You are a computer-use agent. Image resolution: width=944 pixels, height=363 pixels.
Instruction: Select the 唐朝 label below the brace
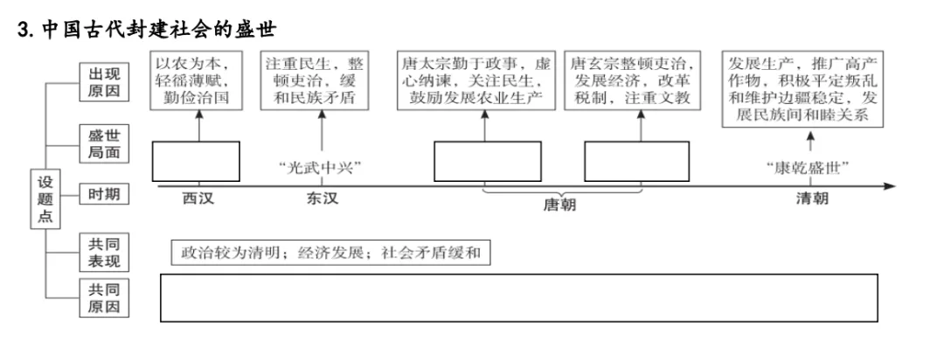[x=560, y=205]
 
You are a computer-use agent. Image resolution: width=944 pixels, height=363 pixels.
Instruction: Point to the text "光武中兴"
[x=322, y=167]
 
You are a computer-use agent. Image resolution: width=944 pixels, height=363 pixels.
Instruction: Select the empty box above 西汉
[x=196, y=162]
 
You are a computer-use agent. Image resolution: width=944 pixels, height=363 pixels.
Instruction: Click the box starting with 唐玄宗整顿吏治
[x=633, y=80]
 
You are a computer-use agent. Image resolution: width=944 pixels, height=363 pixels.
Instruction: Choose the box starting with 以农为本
[x=197, y=80]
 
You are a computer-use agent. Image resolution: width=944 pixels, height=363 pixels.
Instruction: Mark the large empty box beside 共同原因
[x=519, y=297]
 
